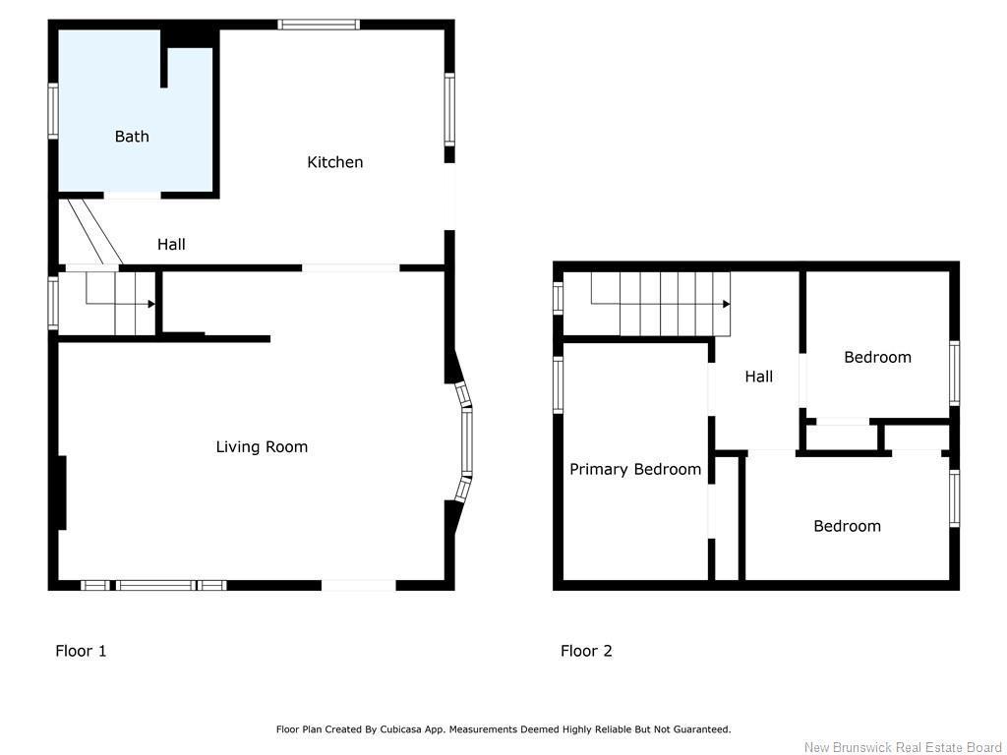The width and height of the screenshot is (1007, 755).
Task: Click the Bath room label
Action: point(132,137)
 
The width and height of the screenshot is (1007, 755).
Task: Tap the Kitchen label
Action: point(335,162)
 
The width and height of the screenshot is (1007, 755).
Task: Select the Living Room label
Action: point(262,447)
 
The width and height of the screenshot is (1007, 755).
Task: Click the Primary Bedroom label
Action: point(635,470)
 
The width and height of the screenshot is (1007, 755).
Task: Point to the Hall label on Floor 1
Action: point(171,245)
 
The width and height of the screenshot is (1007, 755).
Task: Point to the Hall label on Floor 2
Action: point(758,377)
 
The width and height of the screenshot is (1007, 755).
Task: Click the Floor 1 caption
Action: point(81,651)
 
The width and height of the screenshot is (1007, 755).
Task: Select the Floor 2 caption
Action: point(586,651)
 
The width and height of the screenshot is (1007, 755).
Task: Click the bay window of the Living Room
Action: point(466,443)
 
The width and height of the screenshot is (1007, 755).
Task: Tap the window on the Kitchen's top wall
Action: point(318,25)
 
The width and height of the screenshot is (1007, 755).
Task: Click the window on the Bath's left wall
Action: point(53,111)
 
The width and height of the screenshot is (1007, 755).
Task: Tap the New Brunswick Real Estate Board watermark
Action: point(903,748)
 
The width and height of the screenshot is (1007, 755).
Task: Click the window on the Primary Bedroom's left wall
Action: point(558,384)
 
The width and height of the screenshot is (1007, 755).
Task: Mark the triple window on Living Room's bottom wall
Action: point(153,585)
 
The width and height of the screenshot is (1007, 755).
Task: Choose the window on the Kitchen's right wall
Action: point(449,109)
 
